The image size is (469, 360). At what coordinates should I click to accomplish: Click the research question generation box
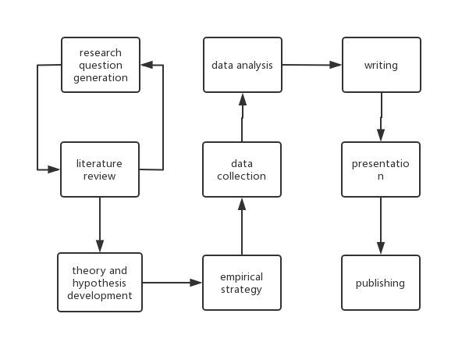[101, 65]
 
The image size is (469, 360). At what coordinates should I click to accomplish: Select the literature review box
[100, 169]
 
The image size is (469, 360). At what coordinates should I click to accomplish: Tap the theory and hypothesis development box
[100, 283]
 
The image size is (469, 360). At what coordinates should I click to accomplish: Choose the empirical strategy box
[241, 283]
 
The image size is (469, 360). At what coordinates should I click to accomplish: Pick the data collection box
[242, 169]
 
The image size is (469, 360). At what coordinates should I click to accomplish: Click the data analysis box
[242, 65]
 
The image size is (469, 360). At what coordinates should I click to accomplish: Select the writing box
[381, 65]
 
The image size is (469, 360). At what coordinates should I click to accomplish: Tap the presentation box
[381, 169]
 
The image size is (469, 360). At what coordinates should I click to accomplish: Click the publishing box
[381, 283]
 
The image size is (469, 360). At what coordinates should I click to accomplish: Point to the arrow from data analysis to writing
[311, 65]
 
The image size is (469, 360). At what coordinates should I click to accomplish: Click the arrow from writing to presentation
[381, 117]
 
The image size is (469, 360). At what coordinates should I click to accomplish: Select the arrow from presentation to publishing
[381, 226]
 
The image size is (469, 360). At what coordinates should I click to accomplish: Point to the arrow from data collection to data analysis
[242, 117]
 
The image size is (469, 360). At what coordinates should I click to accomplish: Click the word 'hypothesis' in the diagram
[99, 283]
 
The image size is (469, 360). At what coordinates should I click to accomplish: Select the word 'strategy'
[241, 290]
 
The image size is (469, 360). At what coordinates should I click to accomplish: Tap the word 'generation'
[101, 77]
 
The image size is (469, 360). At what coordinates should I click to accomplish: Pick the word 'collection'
[242, 176]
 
